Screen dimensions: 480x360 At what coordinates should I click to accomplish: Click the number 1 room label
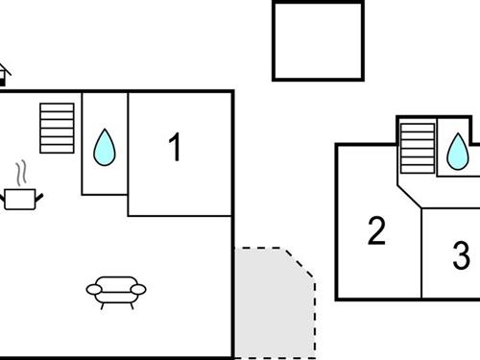(x=175, y=148)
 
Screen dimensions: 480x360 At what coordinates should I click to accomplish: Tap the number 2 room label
(x=376, y=231)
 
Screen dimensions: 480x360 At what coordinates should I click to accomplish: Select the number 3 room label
(x=462, y=255)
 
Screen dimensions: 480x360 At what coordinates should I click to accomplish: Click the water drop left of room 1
(x=104, y=147)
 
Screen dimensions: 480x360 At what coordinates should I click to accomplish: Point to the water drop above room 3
(x=458, y=150)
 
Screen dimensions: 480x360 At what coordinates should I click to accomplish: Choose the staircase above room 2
(x=417, y=149)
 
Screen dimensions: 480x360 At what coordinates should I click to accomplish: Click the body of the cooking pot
(x=20, y=199)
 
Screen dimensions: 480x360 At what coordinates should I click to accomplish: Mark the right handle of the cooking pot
(x=39, y=196)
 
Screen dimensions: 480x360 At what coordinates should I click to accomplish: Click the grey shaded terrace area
(x=271, y=302)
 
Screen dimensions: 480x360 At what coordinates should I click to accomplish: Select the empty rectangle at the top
(x=318, y=39)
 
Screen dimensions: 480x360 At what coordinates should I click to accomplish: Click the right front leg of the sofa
(x=131, y=305)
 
